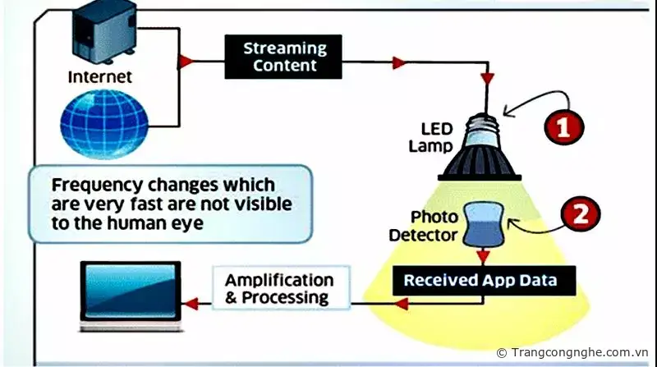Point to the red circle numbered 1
[x=566, y=127]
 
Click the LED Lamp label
[x=437, y=138]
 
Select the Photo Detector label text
[x=435, y=227]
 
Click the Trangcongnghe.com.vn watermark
[x=574, y=352]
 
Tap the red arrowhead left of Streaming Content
[x=186, y=62]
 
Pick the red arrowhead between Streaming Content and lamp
[x=399, y=62]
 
